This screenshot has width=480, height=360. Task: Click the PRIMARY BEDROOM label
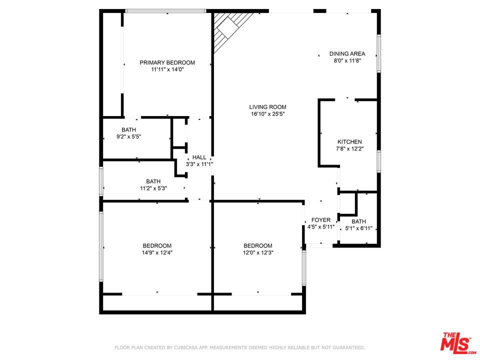(167, 62)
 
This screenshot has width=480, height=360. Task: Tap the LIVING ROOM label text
(267, 107)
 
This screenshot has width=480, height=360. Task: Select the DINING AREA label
(347, 53)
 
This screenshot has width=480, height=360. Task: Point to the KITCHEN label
(349, 141)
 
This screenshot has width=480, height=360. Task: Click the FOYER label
(321, 220)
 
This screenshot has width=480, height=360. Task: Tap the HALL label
(199, 157)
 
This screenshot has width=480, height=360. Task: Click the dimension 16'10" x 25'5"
(267, 114)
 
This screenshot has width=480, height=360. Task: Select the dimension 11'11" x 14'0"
(167, 69)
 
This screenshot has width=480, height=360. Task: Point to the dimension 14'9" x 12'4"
(157, 252)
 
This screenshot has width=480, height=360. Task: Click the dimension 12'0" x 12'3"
(258, 252)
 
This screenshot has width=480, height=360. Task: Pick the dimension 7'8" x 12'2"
(349, 149)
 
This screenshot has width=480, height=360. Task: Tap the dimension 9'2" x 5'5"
(128, 136)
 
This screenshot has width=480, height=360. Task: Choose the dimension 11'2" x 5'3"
(153, 188)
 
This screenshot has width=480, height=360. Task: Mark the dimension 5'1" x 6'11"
(359, 228)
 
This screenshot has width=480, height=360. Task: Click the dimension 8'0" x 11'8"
(347, 60)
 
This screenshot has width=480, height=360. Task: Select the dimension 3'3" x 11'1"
(199, 164)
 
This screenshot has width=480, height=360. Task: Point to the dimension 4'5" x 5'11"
(321, 227)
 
